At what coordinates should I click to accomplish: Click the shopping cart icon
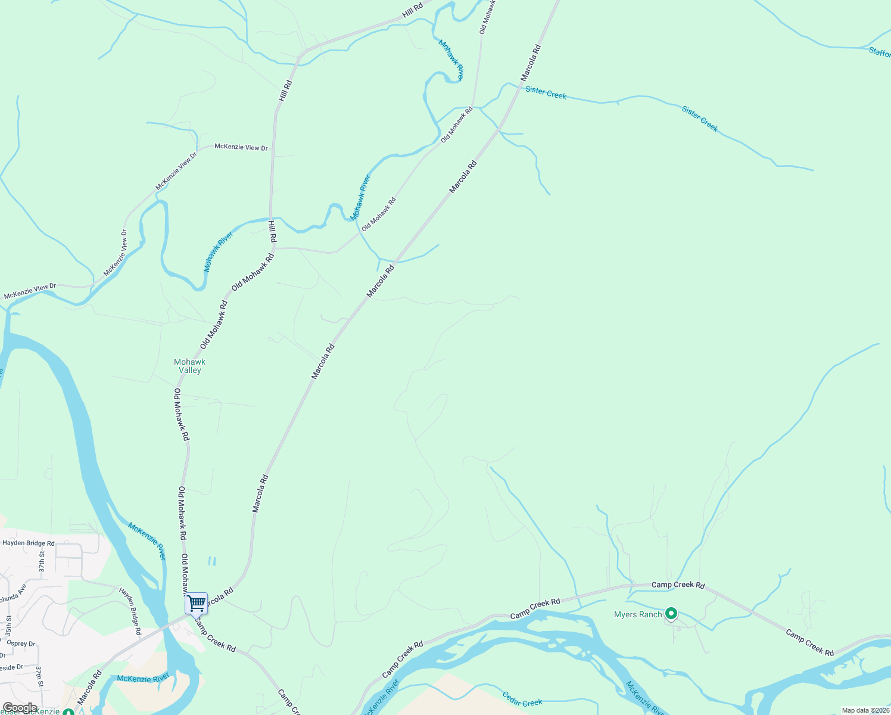[x=196, y=603]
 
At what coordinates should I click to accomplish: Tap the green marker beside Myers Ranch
[x=671, y=613]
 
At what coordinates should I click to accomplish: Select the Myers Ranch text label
[x=638, y=614]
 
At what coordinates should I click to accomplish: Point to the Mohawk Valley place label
[x=190, y=366]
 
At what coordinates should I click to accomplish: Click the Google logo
[x=20, y=708]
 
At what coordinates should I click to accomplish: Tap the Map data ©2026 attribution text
[x=865, y=710]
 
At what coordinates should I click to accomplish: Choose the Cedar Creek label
[x=522, y=699]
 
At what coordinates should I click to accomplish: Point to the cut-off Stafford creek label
[x=880, y=52]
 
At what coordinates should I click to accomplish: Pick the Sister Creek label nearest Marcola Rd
[x=546, y=93]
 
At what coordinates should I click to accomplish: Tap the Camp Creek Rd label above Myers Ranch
[x=678, y=585]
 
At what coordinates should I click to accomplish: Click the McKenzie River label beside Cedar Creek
[x=645, y=698]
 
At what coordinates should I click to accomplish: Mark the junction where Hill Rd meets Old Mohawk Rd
[x=273, y=247]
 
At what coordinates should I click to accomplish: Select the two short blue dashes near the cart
[x=211, y=561]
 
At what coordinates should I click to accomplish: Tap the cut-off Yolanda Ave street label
[x=12, y=594]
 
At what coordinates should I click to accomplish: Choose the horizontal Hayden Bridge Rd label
[x=28, y=543]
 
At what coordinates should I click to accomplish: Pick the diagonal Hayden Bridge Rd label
[x=130, y=610]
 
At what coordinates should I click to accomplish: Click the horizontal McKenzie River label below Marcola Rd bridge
[x=143, y=677]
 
